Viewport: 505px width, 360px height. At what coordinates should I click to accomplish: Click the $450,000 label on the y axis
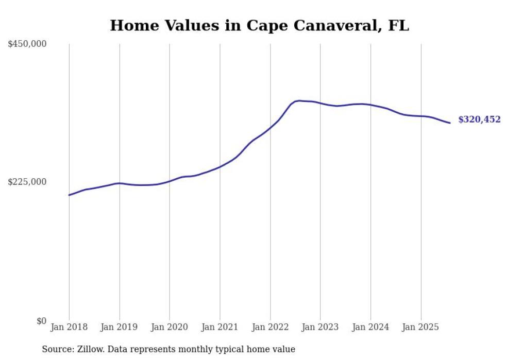27,44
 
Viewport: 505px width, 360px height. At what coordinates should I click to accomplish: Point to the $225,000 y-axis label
27,182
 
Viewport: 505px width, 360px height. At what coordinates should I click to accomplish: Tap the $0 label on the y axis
41,321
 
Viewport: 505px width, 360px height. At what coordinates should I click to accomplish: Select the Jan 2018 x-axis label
69,327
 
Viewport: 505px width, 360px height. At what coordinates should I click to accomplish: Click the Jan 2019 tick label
120,327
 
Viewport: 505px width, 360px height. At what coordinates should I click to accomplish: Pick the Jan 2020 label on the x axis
170,327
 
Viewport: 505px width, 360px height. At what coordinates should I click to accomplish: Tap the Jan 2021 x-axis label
220,327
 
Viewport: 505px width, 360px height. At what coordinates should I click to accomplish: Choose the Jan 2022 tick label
270,327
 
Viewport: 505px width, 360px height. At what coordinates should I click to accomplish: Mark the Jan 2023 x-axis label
321,327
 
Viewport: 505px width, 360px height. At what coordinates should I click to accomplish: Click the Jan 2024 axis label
371,327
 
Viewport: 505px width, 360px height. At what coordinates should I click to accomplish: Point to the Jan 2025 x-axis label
421,327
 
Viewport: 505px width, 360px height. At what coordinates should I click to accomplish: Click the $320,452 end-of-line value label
479,119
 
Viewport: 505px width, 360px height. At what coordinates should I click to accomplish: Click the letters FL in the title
398,25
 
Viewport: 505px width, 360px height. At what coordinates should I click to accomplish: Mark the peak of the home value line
299,100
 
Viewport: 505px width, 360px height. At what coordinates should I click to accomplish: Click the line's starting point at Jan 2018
69,195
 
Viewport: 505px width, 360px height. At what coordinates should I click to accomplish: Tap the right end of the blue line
450,123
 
